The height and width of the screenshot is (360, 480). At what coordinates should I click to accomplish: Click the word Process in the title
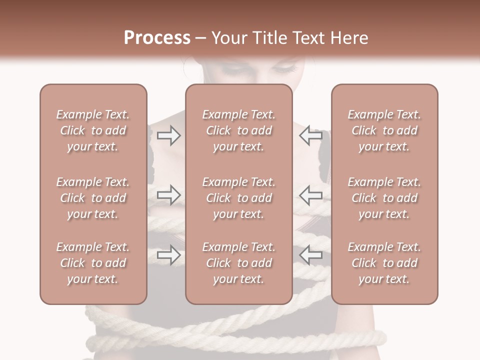click(x=157, y=38)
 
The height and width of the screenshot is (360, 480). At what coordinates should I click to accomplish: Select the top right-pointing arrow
click(x=169, y=135)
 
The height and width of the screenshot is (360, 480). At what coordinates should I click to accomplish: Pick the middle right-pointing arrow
click(x=169, y=195)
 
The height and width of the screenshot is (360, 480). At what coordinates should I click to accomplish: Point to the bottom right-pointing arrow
click(x=169, y=255)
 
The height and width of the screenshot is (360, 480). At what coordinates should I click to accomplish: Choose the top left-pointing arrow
click(x=310, y=135)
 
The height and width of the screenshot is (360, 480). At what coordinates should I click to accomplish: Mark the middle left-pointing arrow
click(x=310, y=195)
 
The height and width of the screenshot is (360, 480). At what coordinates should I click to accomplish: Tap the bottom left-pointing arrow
click(x=310, y=255)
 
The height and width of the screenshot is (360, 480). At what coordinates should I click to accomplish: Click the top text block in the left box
click(x=93, y=130)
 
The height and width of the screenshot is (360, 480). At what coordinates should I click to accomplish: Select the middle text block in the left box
click(x=93, y=198)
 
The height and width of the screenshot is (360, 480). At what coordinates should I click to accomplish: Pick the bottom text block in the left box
click(x=93, y=263)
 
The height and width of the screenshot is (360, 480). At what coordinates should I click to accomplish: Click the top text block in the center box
click(x=239, y=130)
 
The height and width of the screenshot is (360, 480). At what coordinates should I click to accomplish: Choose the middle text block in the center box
click(x=239, y=198)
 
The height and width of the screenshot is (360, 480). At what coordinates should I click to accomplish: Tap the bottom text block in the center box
click(x=239, y=263)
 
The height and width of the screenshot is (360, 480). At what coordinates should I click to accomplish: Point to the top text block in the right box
click(x=384, y=130)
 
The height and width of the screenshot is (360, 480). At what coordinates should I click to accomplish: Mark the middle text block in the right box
click(x=384, y=198)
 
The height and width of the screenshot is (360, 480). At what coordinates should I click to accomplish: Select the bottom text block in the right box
click(x=384, y=263)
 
